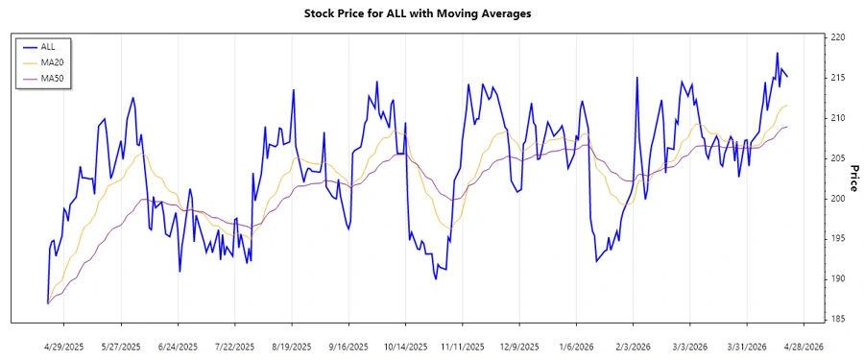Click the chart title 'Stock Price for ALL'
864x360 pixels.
[430, 14]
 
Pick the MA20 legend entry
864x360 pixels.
[52, 61]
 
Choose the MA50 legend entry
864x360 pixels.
[52, 77]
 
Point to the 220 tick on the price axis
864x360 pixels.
[838, 37]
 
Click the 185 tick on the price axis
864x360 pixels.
[838, 319]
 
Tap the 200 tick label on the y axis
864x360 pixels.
[838, 199]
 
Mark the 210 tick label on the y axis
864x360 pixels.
[838, 118]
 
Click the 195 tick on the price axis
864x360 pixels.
[838, 239]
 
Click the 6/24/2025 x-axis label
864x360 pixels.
[178, 346]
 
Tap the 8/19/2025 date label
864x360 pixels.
[292, 346]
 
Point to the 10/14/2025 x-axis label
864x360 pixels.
[404, 346]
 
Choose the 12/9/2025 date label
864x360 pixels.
[517, 346]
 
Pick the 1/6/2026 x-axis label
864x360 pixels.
[575, 346]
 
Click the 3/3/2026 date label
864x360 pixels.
[688, 346]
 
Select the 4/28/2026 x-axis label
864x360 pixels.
[802, 346]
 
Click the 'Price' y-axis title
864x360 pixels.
[853, 178]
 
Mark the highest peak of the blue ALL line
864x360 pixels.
[777, 53]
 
